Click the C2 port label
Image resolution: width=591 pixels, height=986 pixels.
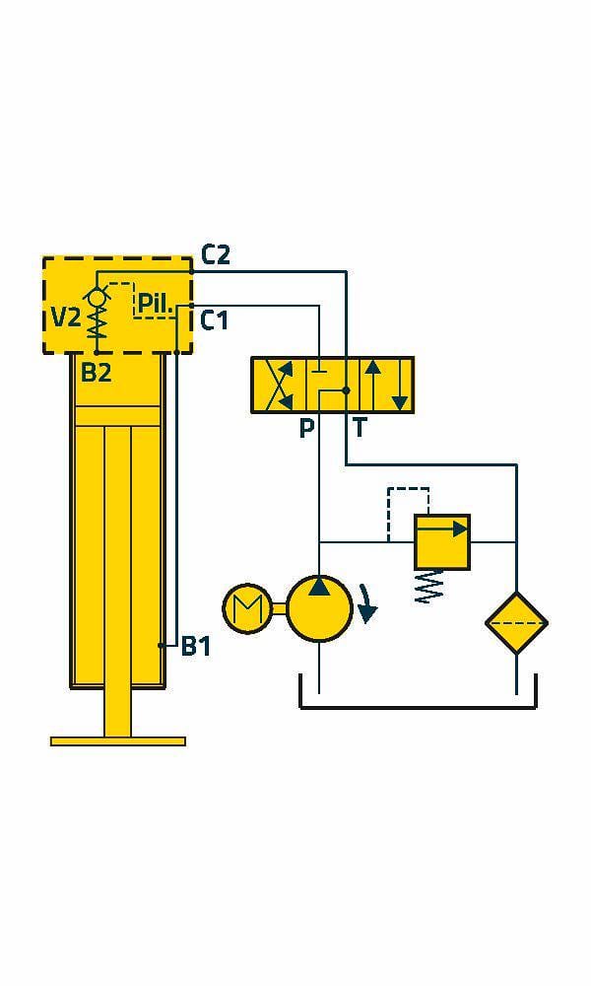pos(216,255)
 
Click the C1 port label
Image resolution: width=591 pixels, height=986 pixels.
pos(215,320)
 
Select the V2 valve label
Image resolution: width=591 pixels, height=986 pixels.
pos(66,317)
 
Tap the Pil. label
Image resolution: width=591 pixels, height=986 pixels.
pos(155,303)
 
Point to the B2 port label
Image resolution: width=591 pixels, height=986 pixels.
pos(96,373)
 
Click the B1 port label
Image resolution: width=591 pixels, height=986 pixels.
pos(196,647)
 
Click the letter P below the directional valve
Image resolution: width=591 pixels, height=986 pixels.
pos(306,429)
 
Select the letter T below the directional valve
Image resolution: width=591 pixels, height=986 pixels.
pos(360,429)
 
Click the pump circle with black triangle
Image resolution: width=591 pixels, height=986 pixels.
pos(319,606)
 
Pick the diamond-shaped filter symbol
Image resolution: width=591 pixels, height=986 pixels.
pos(516,623)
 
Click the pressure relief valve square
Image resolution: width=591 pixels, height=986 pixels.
pos(441,541)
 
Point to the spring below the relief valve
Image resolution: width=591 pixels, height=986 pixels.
pos(429,587)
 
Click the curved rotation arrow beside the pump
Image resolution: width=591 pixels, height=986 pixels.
pos(366,603)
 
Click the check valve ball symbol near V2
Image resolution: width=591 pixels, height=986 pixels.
pos(97,295)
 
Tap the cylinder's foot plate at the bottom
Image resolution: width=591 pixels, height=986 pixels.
pos(117,740)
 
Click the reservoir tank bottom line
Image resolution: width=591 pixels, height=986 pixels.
pos(418,707)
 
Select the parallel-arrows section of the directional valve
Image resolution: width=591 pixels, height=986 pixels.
pos(385,386)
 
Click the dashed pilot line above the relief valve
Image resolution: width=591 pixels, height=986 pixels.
pos(409,489)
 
